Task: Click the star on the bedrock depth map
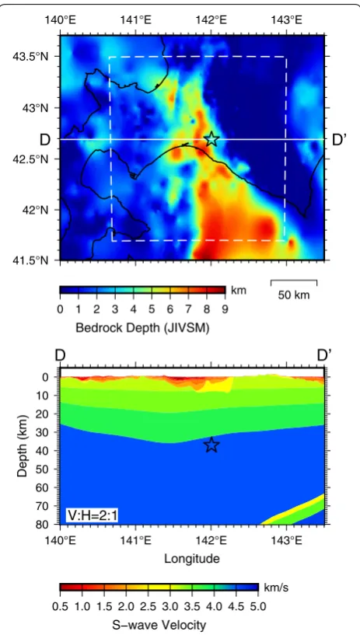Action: [x=211, y=139]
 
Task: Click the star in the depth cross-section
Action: [x=211, y=445]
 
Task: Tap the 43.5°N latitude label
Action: [x=35, y=56]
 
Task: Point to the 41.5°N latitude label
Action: [x=35, y=260]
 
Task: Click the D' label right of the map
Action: [x=339, y=140]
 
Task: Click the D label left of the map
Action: [x=44, y=140]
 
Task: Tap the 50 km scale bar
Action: [x=294, y=282]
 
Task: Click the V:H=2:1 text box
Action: [x=92, y=515]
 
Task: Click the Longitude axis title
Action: [x=192, y=559]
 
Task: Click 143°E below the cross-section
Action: [x=287, y=540]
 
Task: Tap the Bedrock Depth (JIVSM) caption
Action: [x=142, y=329]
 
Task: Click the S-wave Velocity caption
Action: [x=159, y=625]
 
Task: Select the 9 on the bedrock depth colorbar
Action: [x=225, y=310]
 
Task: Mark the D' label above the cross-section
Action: [x=324, y=355]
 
